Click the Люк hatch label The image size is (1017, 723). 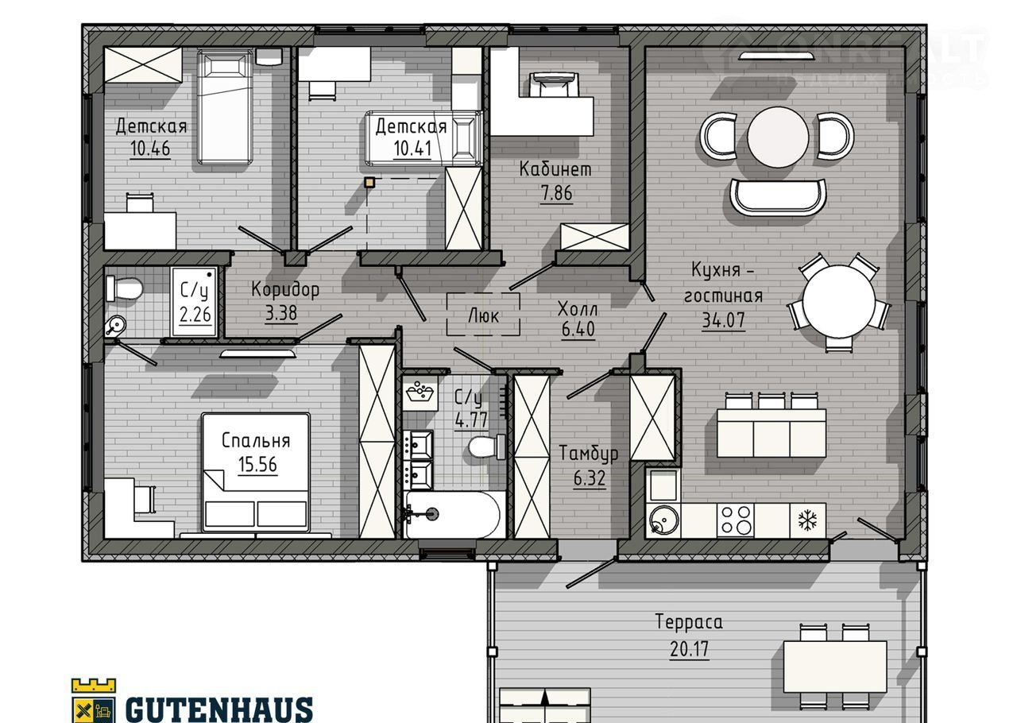pos(484,315)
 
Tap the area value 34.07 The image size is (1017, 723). pos(724,320)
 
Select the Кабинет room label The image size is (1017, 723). pos(555,169)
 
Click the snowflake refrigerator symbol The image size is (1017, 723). pos(808,520)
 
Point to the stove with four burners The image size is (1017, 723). pos(736,520)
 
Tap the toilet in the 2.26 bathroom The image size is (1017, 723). pos(124,288)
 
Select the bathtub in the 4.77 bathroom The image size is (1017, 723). pos(455,514)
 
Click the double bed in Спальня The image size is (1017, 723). pos(256,471)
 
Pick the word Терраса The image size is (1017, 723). pos(689,621)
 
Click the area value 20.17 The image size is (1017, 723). pos(689,649)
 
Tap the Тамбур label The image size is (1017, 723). pos(589,453)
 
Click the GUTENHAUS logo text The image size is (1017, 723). pos(218,709)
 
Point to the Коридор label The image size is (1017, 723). pos(285,289)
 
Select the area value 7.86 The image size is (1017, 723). pos(556,194)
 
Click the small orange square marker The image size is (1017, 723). pos(370,183)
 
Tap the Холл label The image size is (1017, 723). pos(578,309)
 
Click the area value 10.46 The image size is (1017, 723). pos(150,148)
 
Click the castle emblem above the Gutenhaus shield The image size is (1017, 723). pos(94,685)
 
